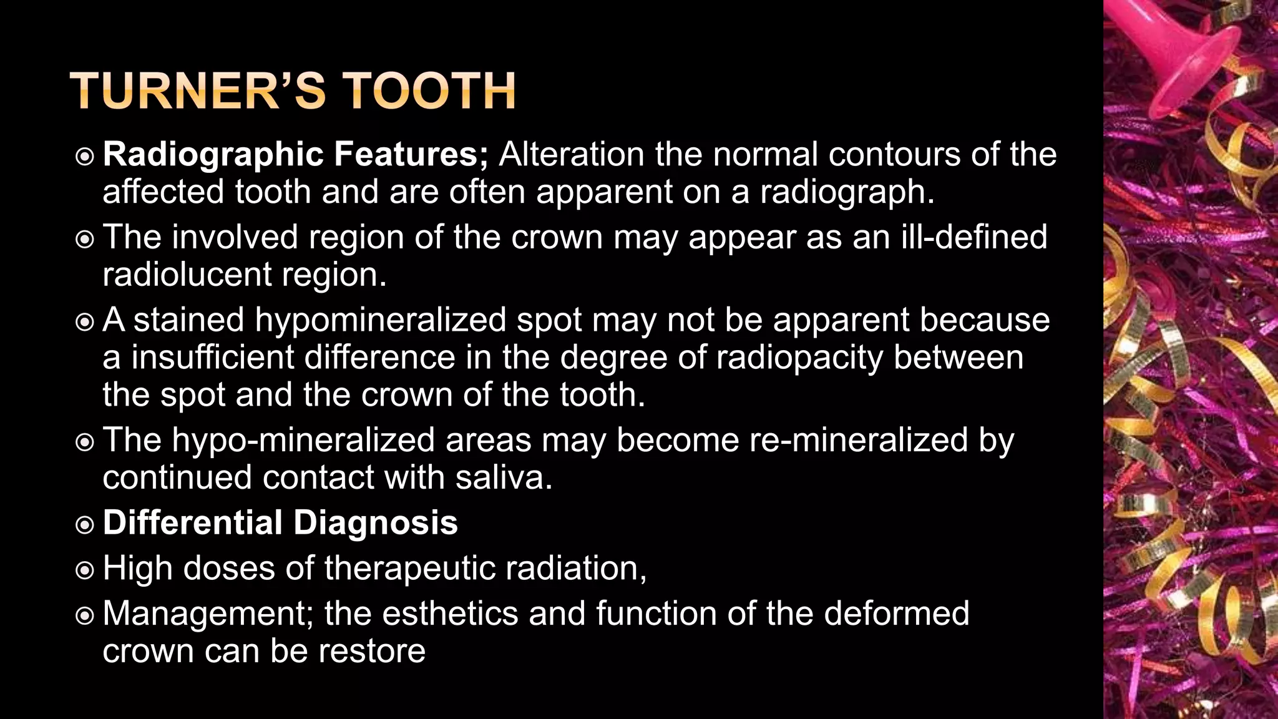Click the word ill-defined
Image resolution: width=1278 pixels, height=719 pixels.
[x=974, y=237]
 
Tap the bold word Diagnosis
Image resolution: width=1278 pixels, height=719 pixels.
[x=376, y=523]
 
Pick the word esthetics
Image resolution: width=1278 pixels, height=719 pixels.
[x=450, y=614]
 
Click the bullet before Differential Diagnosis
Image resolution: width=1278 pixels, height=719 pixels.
[x=84, y=524]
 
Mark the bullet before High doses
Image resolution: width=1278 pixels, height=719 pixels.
[x=84, y=570]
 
